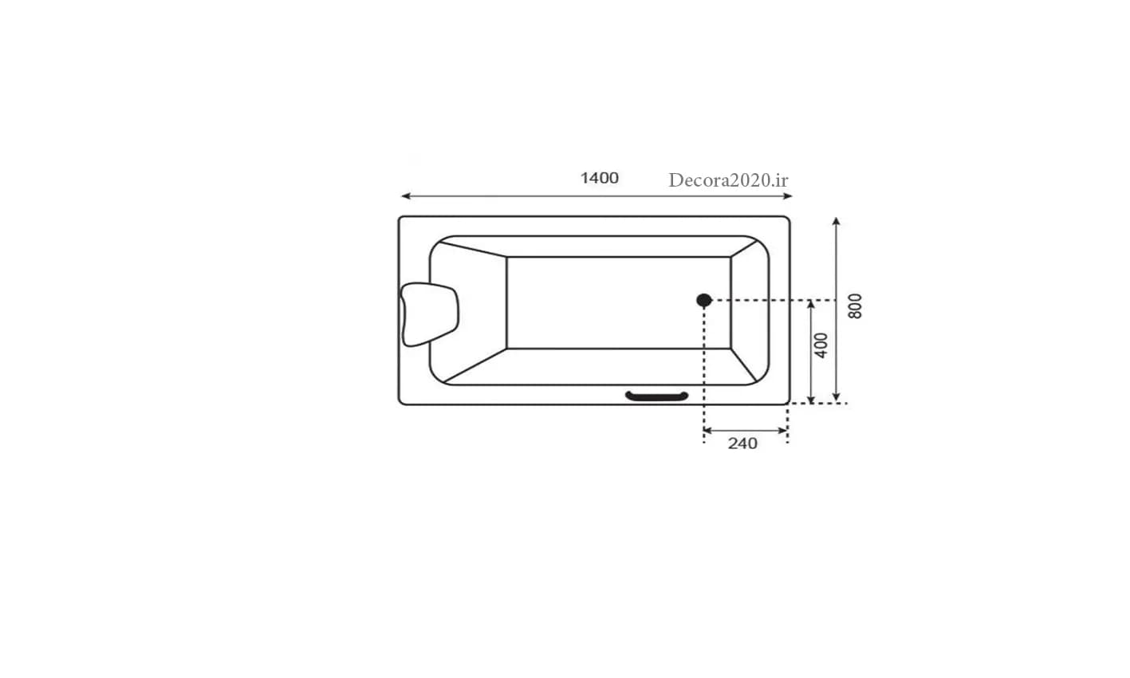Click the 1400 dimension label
[600, 178]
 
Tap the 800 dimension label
[855, 306]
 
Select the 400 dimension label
[821, 345]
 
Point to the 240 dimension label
[742, 444]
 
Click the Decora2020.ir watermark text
[728, 180]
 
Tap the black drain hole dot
[703, 301]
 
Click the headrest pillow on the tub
[429, 314]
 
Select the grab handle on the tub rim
[657, 396]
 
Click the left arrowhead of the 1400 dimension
[405, 196]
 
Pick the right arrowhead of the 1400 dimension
[788, 196]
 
